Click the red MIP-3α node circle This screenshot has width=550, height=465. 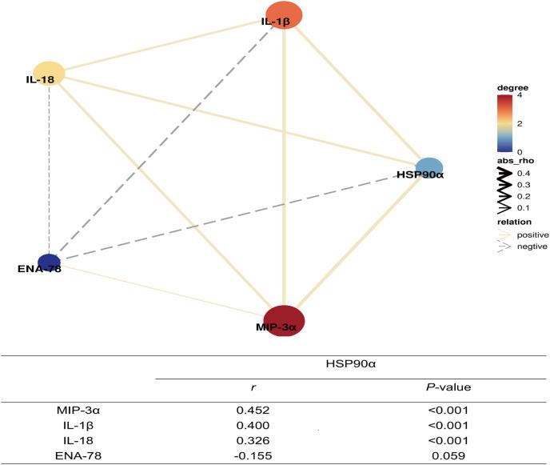click(x=285, y=321)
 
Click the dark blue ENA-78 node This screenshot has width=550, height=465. click(x=49, y=262)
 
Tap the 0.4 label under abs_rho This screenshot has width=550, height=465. click(x=524, y=173)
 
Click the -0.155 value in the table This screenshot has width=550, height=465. click(x=251, y=455)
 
